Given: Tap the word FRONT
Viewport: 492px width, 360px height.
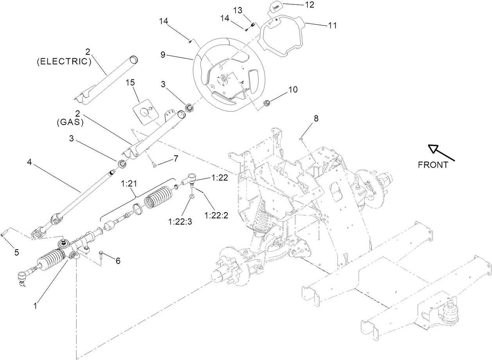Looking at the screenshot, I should click(433, 165).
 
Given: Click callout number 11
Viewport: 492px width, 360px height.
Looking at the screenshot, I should click(332, 25).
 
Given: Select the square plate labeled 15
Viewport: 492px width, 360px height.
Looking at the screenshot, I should click(145, 112).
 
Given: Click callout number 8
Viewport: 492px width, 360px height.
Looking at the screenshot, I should click(316, 118).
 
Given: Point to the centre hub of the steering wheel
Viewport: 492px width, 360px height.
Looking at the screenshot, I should click(224, 79).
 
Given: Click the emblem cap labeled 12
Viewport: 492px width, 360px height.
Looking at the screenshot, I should click(275, 7).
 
